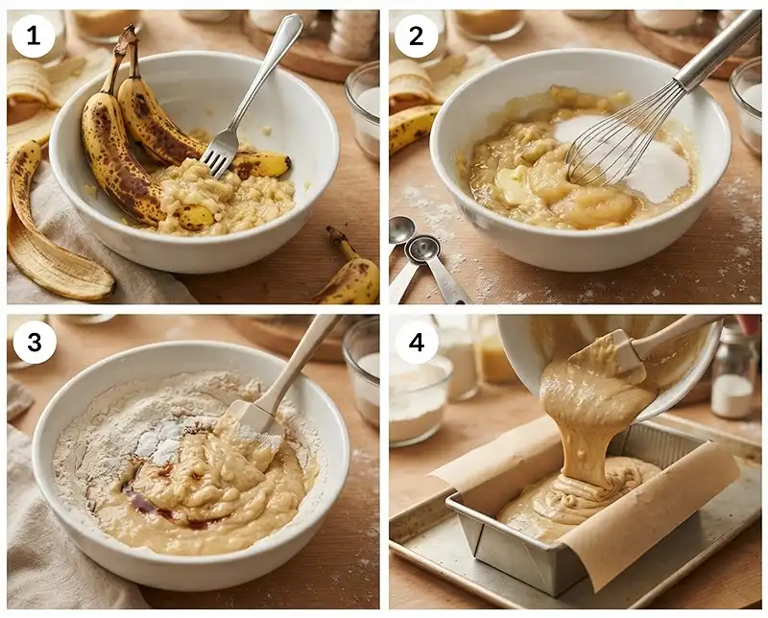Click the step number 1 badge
[x=34, y=36]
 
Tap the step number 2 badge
[x=416, y=36]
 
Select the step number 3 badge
[x=35, y=342]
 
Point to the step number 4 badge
[x=417, y=342]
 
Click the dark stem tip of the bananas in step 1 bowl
[x=128, y=36]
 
